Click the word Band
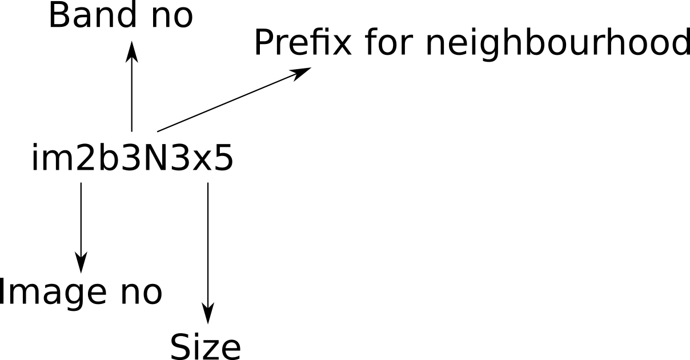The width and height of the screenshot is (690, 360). [x=93, y=15]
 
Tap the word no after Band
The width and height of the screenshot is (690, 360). [x=172, y=18]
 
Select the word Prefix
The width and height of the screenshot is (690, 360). [x=303, y=42]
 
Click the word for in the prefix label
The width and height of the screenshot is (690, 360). [x=388, y=42]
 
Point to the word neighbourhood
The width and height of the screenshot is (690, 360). [x=558, y=43]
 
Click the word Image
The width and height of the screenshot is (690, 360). [x=53, y=292]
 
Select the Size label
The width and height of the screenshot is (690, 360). [x=206, y=347]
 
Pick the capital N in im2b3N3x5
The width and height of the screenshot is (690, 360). [x=157, y=157]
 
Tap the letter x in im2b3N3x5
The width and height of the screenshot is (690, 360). [x=202, y=160]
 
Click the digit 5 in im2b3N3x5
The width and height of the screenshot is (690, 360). [x=223, y=157]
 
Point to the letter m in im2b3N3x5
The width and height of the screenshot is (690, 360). [x=57, y=159]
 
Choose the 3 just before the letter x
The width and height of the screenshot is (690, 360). [x=179, y=157]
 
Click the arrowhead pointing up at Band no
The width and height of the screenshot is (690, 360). [x=132, y=52]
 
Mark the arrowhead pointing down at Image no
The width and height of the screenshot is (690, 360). [x=81, y=262]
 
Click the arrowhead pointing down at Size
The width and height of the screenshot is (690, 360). [x=208, y=313]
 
